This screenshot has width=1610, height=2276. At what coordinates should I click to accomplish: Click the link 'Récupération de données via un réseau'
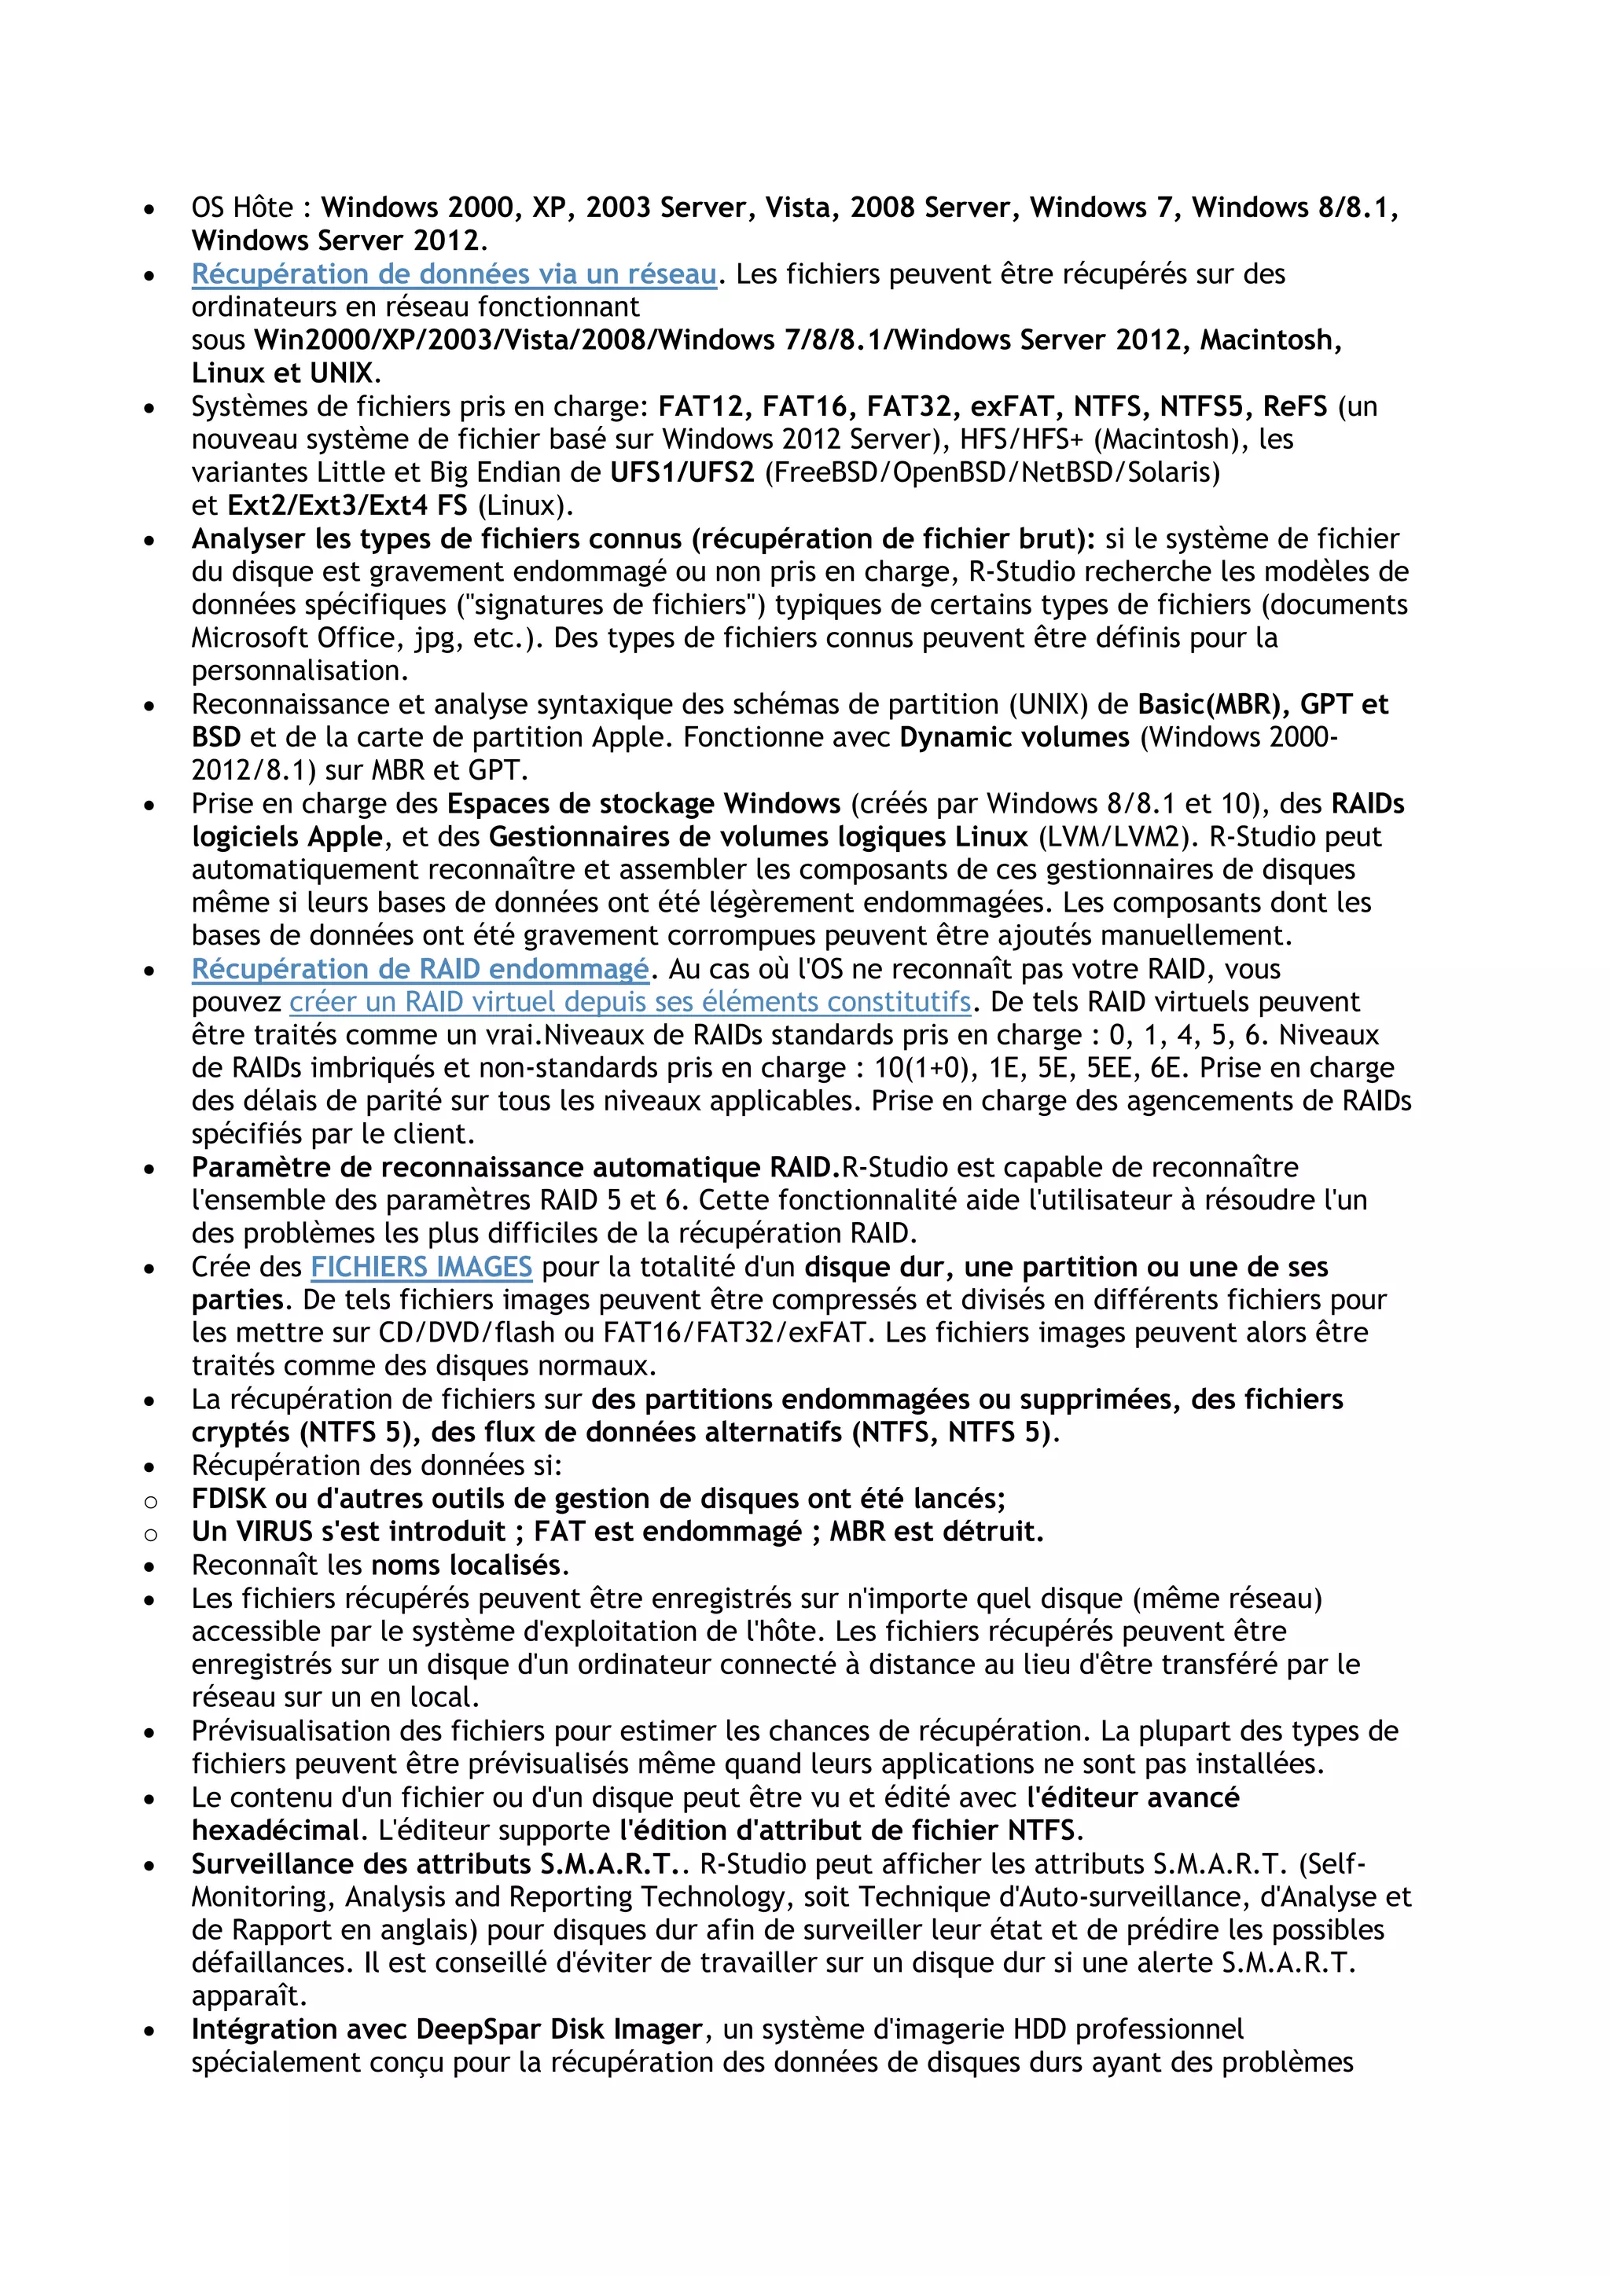[453, 273]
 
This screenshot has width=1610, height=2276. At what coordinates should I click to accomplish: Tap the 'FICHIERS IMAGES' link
[421, 1267]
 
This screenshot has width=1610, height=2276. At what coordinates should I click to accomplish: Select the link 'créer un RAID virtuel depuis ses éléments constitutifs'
[630, 1002]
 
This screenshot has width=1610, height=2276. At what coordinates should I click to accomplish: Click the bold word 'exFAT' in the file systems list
[1011, 406]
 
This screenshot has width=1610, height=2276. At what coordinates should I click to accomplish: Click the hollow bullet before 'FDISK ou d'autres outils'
[151, 1502]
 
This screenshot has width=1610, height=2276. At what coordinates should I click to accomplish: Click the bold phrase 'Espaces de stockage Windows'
[643, 804]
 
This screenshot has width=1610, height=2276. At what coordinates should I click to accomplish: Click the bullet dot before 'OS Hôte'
[149, 210]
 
